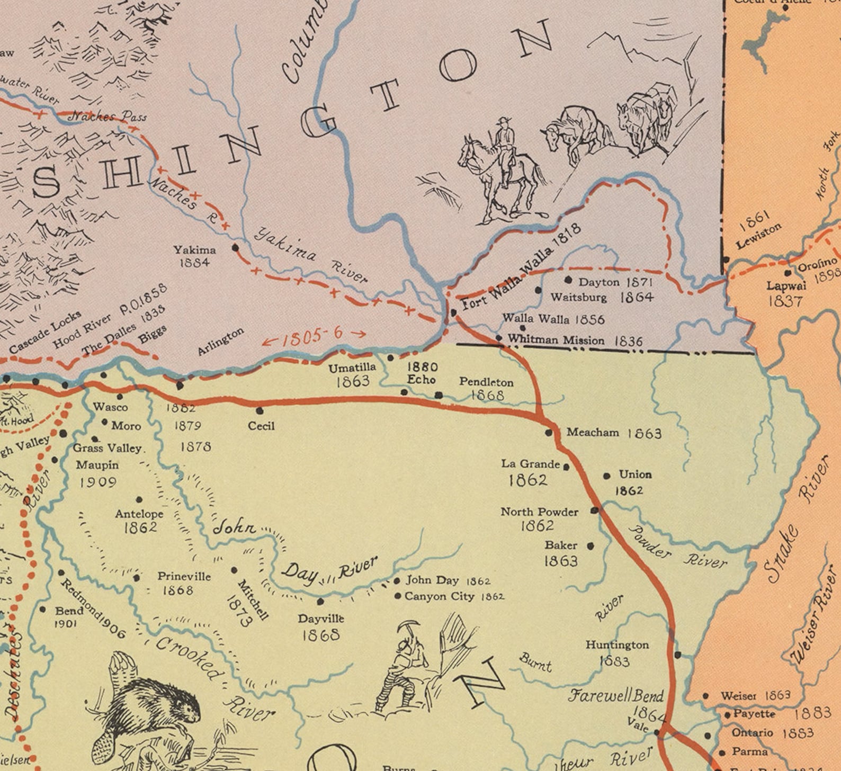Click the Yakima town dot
pos(235,247)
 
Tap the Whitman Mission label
pos(556,340)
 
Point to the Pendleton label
pos(486,382)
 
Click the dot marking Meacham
pos(549,433)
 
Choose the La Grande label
pos(530,464)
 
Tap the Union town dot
pos(606,476)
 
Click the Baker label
pos(561,545)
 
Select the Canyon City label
pos(439,596)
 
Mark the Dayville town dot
pos(320,602)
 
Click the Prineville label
pos(184,576)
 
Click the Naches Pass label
pos(108,116)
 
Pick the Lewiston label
pos(758,237)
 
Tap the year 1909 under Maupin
pos(97,482)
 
